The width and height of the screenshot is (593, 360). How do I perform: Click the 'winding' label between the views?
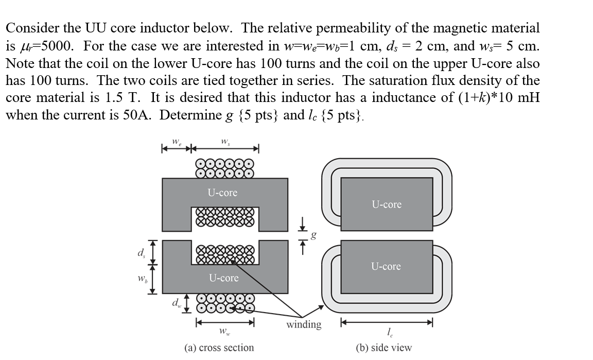tap(304, 324)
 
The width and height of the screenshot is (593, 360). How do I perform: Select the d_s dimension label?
tap(140, 252)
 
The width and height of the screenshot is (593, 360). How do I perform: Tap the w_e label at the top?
tap(176, 140)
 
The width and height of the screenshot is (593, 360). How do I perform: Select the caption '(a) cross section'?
tap(219, 348)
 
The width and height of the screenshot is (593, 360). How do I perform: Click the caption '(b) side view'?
tap(384, 348)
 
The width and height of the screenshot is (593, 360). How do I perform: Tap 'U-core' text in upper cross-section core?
tap(222, 193)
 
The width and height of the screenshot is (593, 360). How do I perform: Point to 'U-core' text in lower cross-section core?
tap(223, 278)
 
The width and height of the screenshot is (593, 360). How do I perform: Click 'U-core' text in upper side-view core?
tap(387, 204)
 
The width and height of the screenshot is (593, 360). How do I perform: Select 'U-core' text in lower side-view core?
tap(386, 266)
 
